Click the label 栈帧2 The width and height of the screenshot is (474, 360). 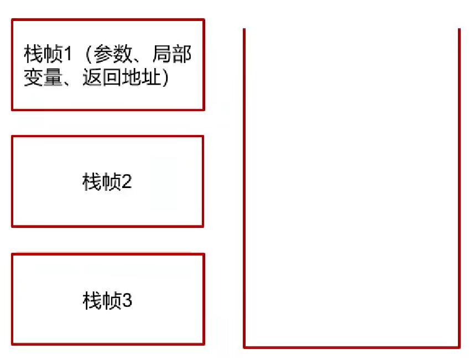107,182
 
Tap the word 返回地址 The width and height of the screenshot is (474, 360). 120,78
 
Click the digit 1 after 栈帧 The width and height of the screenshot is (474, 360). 69,54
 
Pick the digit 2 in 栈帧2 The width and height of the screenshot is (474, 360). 126,182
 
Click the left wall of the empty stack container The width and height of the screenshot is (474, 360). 244,188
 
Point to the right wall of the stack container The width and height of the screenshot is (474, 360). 459,188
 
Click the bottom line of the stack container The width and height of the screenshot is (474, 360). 351,347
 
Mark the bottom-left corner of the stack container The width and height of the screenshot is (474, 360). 244,347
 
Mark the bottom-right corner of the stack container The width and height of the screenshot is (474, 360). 459,347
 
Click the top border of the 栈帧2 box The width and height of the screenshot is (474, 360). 107,137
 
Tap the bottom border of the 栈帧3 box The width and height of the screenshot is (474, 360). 107,344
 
